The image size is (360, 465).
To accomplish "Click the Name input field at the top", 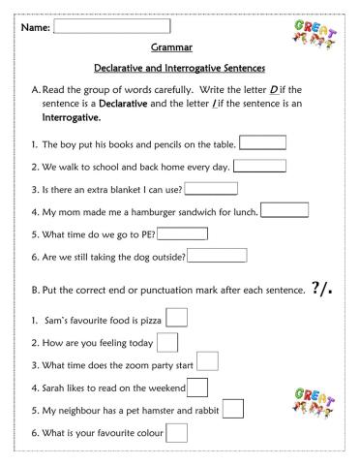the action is click(117, 26).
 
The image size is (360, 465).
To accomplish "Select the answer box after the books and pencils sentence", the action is click(262, 143).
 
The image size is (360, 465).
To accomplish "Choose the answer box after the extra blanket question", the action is click(210, 188).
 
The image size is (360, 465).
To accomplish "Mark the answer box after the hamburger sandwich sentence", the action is click(285, 210).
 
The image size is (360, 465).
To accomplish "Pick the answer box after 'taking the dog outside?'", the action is click(218, 256).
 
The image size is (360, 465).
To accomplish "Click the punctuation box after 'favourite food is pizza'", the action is click(178, 319).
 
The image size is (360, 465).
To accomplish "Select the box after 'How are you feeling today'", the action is click(167, 342).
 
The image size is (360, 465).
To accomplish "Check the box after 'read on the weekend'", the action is click(197, 387).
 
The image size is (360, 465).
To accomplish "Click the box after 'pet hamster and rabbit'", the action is click(233, 410).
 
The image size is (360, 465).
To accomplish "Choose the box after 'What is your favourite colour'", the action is click(177, 433).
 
